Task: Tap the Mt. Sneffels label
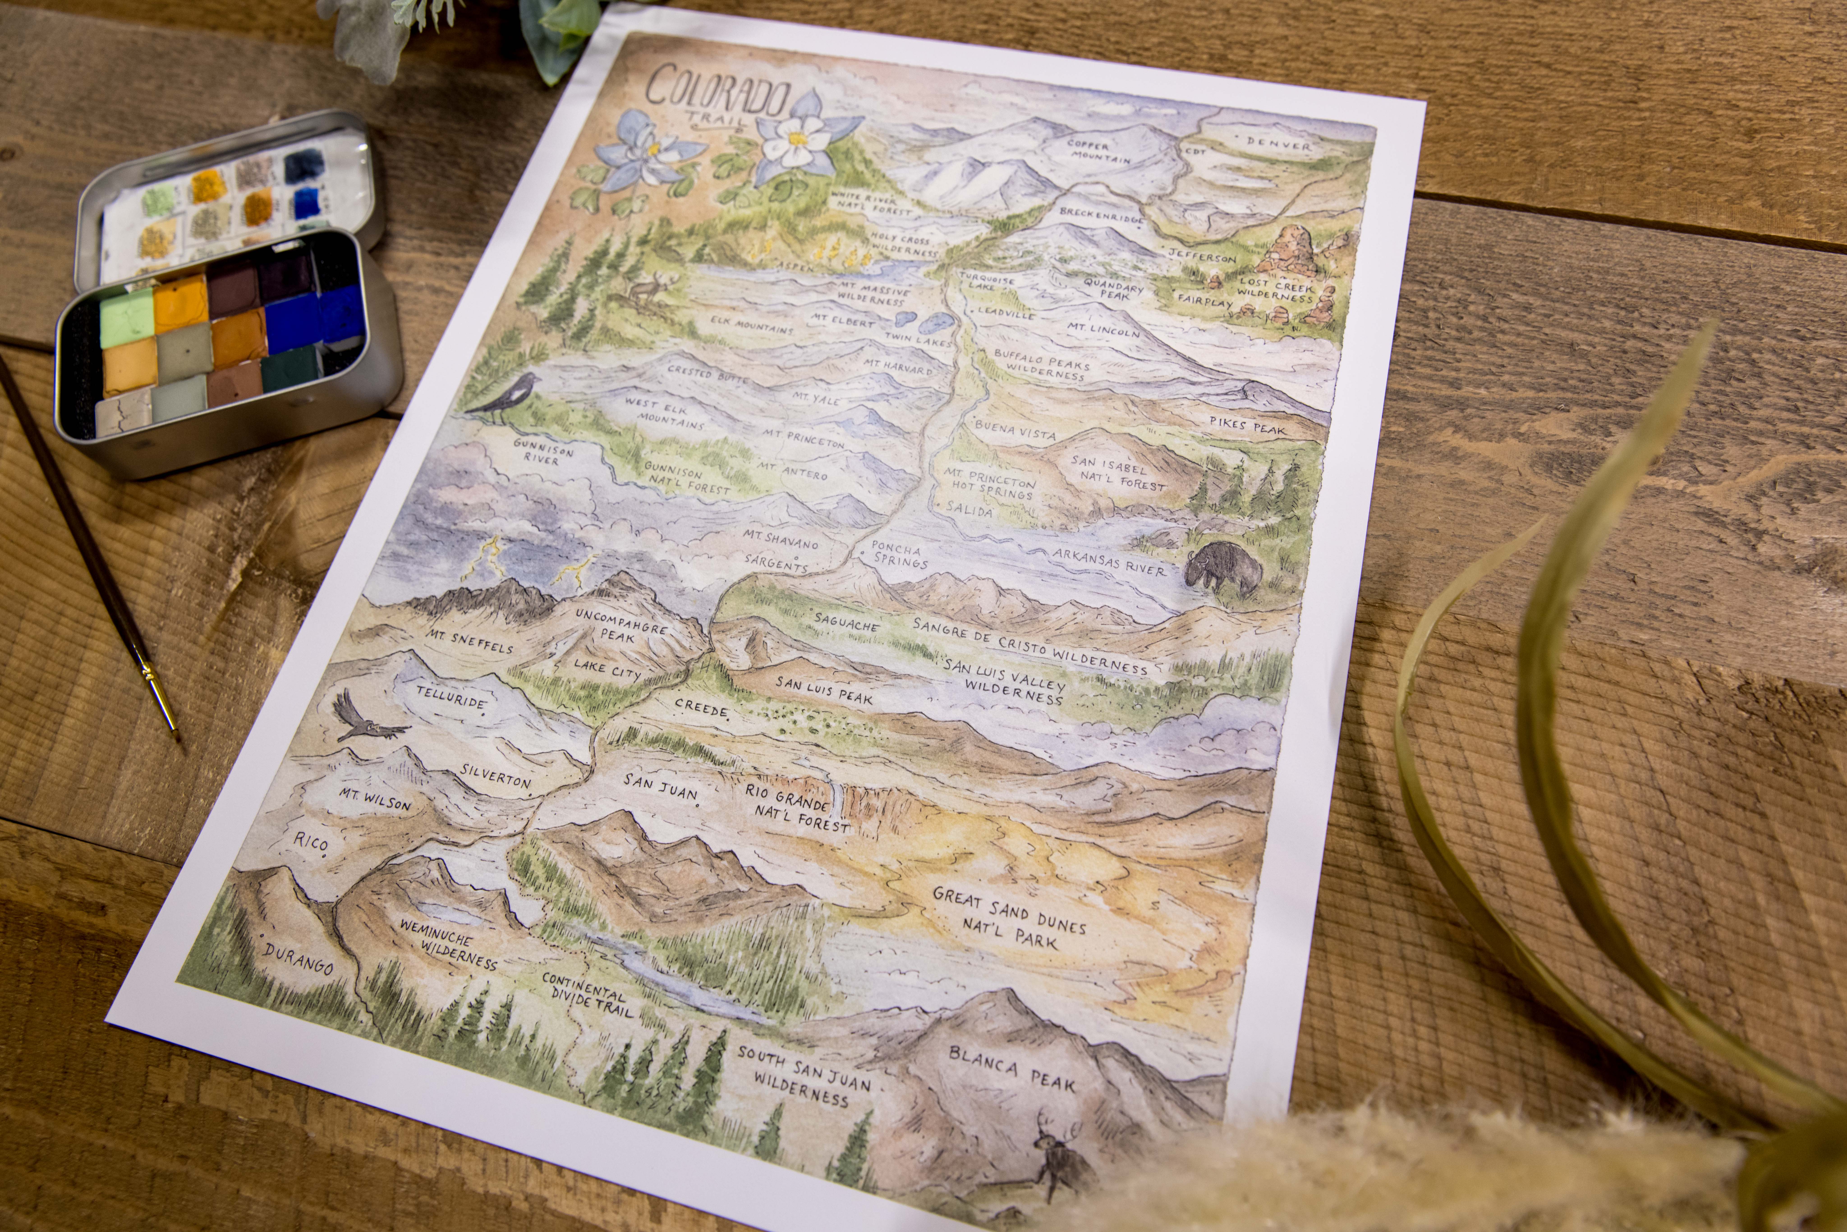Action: coord(470,641)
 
